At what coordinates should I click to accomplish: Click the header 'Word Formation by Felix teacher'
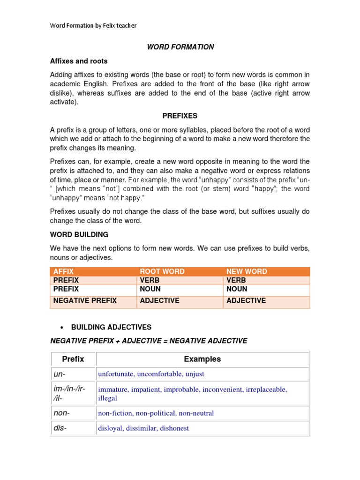coord(93,26)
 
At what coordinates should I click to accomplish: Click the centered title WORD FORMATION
coord(180,47)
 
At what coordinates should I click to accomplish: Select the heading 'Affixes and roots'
coord(79,61)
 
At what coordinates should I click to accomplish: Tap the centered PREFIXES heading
coord(180,116)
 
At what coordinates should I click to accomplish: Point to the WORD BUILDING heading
coord(79,234)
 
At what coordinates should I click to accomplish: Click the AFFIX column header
coord(64,271)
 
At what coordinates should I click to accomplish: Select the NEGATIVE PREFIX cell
coord(85,300)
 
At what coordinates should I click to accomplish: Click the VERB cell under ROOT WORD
coord(150,280)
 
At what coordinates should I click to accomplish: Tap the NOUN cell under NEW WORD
coord(237,289)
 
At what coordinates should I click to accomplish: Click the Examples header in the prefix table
coord(202,359)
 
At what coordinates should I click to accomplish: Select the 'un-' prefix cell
coord(59,374)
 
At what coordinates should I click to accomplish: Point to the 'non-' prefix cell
coord(61,413)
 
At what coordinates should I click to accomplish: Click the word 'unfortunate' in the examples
coord(116,374)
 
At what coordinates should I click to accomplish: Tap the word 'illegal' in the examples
coord(107,398)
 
